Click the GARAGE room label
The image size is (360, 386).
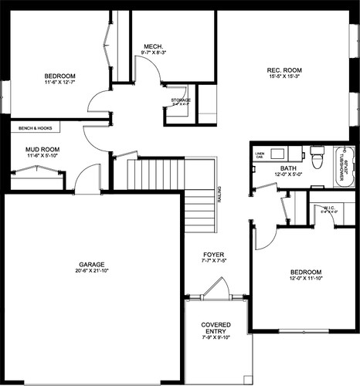tap(90, 264)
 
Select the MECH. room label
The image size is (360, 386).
tap(155, 46)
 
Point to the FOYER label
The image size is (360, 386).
tap(213, 254)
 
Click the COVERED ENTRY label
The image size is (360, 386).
tap(216, 328)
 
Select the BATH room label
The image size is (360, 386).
tap(288, 168)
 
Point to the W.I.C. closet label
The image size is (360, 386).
tap(328, 207)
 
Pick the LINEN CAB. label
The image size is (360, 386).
tap(260, 155)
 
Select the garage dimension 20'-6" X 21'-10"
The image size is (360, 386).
tap(90, 271)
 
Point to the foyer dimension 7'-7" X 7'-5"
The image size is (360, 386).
tap(213, 261)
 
